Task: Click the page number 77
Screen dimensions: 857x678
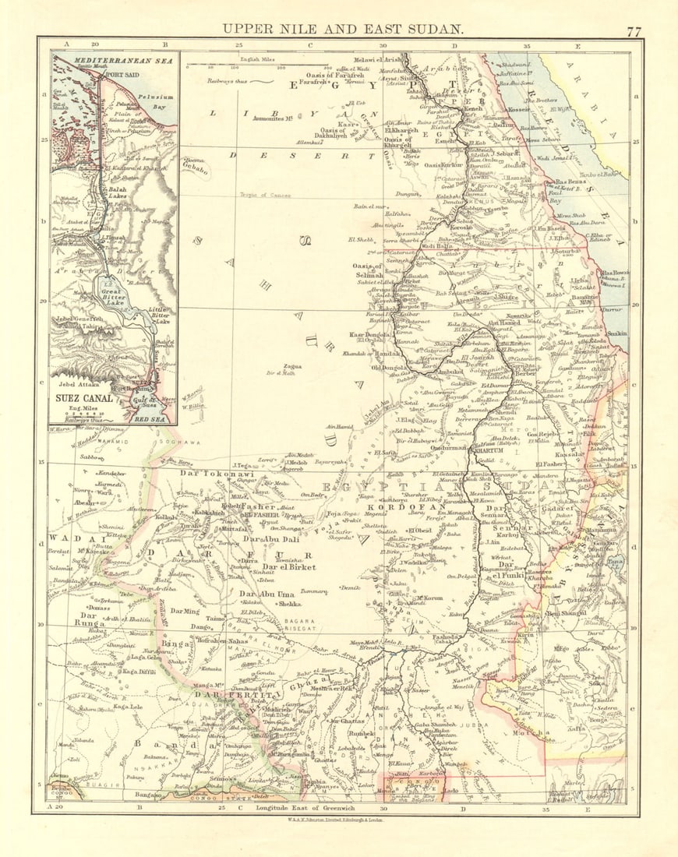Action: point(634,32)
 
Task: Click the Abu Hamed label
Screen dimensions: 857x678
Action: point(504,323)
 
